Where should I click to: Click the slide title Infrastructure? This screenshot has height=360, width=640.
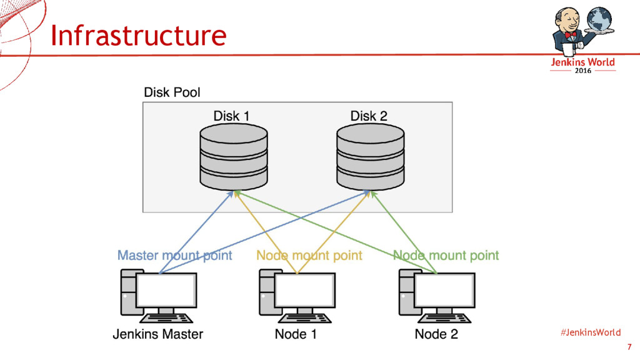click(x=138, y=35)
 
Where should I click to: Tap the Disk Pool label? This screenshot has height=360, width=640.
click(x=172, y=92)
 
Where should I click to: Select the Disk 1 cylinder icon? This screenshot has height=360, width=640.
click(x=234, y=157)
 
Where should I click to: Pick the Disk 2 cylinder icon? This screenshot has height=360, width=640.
click(x=370, y=157)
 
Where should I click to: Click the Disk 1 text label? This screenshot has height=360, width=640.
click(x=231, y=116)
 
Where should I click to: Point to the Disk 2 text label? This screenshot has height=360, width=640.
click(x=369, y=116)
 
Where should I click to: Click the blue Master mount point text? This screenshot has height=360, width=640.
click(x=175, y=256)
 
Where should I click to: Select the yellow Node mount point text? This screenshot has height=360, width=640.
click(x=309, y=256)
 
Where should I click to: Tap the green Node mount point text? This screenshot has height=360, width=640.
click(x=446, y=256)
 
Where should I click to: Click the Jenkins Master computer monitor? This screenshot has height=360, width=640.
click(x=166, y=290)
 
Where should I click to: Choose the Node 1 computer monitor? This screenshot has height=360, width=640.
click(x=305, y=290)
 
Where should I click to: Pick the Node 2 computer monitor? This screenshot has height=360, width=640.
click(x=444, y=290)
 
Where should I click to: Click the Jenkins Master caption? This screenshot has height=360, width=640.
click(x=158, y=334)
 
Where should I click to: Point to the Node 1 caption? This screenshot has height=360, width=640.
click(x=296, y=334)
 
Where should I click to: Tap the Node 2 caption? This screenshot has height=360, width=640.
click(x=436, y=334)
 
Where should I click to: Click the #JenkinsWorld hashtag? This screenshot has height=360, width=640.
click(x=591, y=332)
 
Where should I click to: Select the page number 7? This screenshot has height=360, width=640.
click(x=629, y=347)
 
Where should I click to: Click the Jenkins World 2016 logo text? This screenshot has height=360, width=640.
click(x=583, y=65)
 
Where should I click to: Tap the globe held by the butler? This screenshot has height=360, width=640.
click(x=599, y=19)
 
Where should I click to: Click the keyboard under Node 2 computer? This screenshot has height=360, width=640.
click(x=444, y=318)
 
